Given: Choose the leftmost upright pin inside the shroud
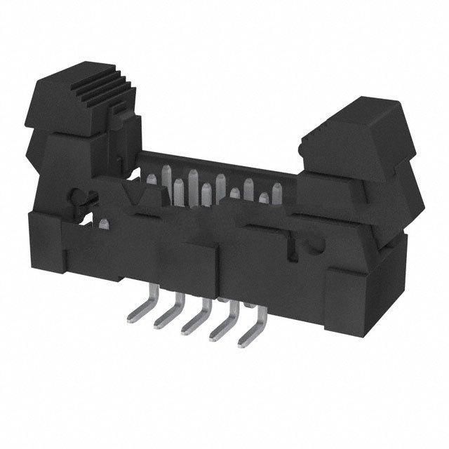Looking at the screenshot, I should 167,175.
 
